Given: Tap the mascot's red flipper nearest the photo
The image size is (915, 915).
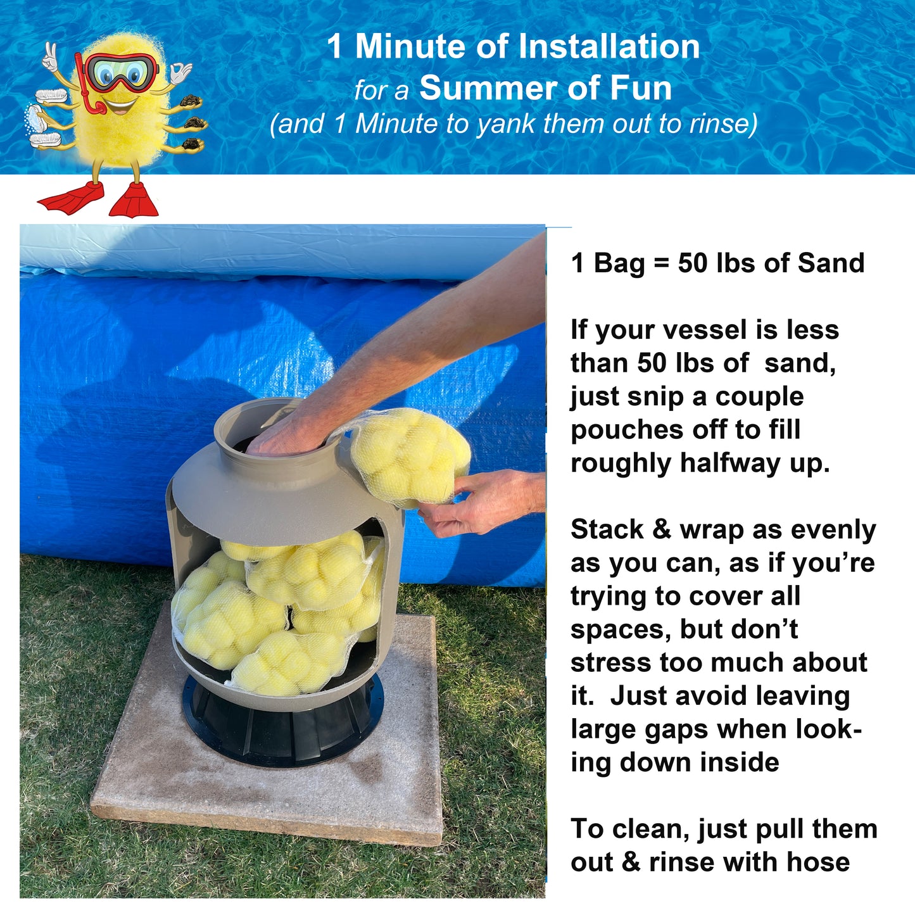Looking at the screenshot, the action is click(x=134, y=200).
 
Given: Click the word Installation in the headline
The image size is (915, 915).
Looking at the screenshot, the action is click(x=609, y=46).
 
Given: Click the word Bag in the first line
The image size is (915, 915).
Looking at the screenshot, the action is click(x=619, y=263).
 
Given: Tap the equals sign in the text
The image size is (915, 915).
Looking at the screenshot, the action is click(x=662, y=263).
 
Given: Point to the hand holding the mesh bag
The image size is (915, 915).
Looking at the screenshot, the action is click(x=479, y=503).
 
